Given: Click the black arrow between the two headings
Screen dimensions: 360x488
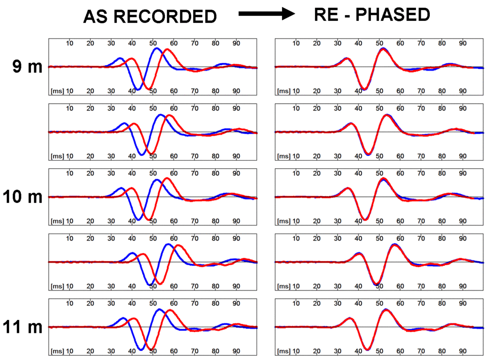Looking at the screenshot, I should click(x=267, y=14).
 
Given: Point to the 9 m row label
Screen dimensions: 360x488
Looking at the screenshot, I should click(x=27, y=67).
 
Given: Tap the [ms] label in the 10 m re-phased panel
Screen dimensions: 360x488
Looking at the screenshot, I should click(x=284, y=221).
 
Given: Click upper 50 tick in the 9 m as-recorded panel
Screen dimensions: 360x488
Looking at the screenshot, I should click(x=152, y=43).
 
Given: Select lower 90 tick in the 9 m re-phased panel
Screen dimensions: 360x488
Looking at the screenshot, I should click(x=463, y=91).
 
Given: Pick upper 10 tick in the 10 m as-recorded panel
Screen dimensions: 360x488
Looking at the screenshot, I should click(x=70, y=173).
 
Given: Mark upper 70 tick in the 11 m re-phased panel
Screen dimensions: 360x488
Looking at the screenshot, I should click(x=421, y=303).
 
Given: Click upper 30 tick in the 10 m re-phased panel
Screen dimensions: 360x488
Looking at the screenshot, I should click(x=338, y=173).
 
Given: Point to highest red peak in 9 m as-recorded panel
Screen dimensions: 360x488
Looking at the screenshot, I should click(x=167, y=49).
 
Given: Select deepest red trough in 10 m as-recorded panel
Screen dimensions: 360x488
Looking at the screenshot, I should click(x=149, y=220).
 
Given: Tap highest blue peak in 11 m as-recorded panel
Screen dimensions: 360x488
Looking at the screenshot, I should click(x=159, y=310).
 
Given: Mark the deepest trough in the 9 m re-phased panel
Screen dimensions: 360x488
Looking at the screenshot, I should click(x=364, y=89).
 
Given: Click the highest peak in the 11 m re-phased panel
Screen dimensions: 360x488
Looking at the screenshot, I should click(x=385, y=310).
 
